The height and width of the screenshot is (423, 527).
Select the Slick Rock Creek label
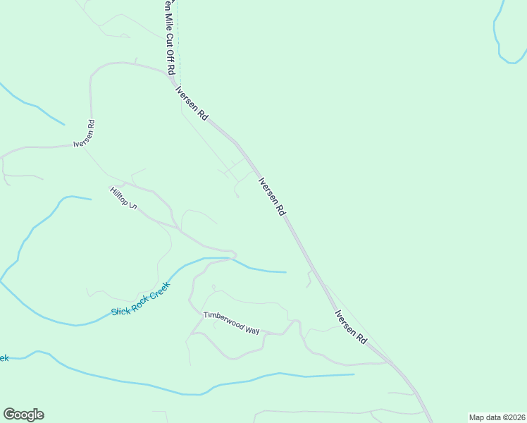point(141,300)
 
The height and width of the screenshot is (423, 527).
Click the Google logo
point(23,415)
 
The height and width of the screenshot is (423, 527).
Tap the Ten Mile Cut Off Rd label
point(169,38)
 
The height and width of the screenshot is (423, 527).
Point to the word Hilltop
point(118,196)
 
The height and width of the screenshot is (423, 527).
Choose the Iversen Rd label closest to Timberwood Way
point(350,326)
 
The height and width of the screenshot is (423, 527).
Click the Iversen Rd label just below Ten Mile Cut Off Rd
point(192,104)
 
